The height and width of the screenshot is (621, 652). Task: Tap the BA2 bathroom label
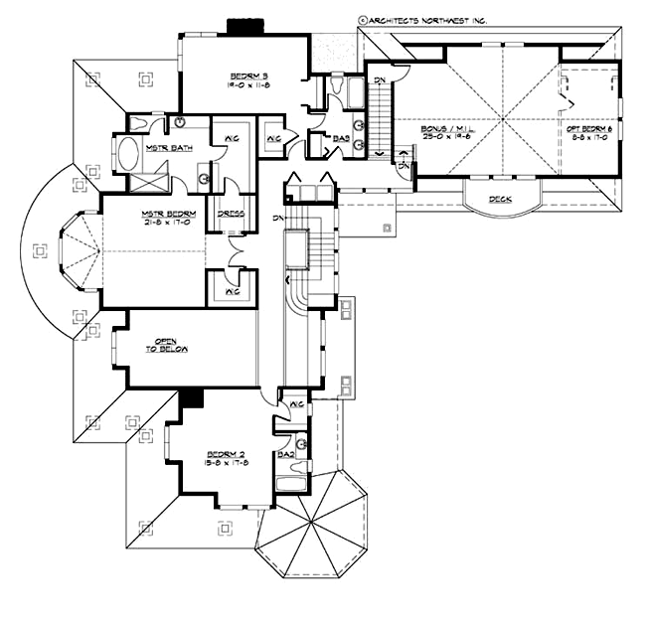coord(286,454)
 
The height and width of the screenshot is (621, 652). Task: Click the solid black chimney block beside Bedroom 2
coord(190,397)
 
